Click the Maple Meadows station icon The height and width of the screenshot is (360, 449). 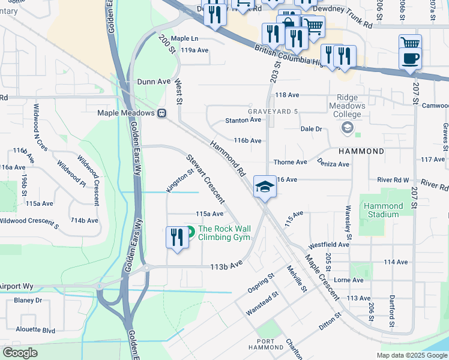click(162, 113)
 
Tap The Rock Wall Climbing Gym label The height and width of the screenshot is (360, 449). click(223, 233)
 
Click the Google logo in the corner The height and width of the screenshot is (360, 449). click(20, 353)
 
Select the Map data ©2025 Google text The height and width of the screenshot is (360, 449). click(411, 355)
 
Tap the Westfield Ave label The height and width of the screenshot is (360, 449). click(328, 245)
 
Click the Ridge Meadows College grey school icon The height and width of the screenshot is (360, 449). click(347, 128)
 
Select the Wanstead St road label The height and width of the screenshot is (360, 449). click(262, 304)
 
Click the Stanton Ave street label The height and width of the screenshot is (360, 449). click(243, 120)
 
